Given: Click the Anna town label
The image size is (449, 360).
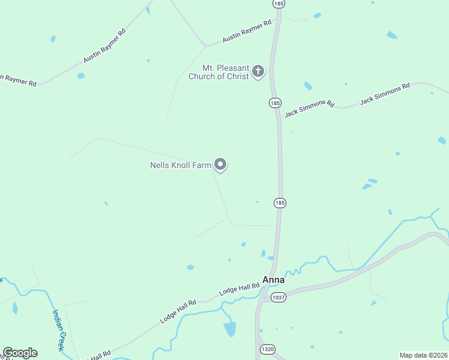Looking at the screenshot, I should click(273, 280).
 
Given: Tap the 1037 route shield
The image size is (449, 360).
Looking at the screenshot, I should click(278, 297).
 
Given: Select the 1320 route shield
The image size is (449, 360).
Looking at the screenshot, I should click(267, 349).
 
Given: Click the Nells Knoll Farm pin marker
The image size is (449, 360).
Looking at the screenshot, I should click(220, 164).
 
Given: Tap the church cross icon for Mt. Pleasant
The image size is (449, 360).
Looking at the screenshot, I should click(258, 72).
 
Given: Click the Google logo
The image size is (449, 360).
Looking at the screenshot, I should click(20, 353).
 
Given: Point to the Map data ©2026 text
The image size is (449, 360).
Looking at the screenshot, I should click(423, 355).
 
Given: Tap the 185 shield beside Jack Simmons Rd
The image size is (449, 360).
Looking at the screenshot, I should click(275, 103).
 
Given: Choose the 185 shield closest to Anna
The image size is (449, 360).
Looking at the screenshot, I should click(280, 203).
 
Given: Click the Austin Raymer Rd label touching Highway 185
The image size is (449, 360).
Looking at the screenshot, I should click(247, 31).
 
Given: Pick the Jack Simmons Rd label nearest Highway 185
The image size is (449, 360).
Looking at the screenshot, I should click(309, 108).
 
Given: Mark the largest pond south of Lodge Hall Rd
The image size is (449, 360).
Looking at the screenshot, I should click(230, 329).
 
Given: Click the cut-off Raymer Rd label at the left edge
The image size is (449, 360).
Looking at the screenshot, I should click(18, 79).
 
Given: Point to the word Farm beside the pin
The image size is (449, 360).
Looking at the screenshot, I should click(202, 165).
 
